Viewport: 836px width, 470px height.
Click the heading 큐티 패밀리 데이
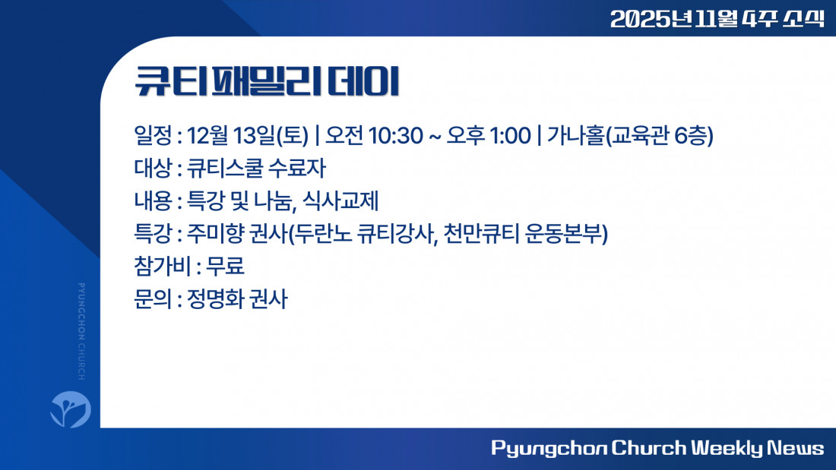(267, 82)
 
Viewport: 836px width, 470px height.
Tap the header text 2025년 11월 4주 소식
(717, 19)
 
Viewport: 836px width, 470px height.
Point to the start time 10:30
(396, 136)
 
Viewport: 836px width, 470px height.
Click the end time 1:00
(510, 136)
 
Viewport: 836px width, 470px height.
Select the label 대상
(153, 169)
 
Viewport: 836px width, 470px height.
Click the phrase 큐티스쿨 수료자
(256, 169)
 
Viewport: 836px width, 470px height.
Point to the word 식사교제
(340, 201)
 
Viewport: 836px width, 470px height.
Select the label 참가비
(162, 266)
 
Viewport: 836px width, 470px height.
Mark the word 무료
(225, 266)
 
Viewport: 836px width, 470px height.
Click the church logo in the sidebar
(71, 409)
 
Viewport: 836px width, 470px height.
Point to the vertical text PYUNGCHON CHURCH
(81, 331)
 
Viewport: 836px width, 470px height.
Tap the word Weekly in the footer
(727, 448)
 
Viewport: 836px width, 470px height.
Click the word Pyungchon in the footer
(549, 448)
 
